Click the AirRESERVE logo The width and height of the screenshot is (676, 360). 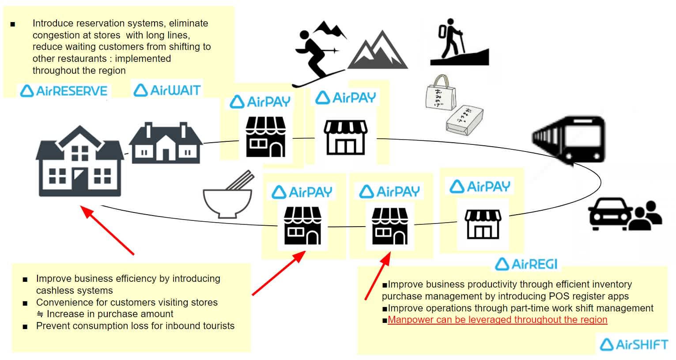tap(64, 91)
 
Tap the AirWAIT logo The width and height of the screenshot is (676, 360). tap(167, 90)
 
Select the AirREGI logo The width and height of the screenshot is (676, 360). tap(526, 264)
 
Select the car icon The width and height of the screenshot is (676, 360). tap(608, 214)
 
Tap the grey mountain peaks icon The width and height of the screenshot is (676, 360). tap(378, 51)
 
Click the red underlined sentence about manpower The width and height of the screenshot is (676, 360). tap(497, 320)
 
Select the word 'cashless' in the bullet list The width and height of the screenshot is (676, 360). tap(53, 291)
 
